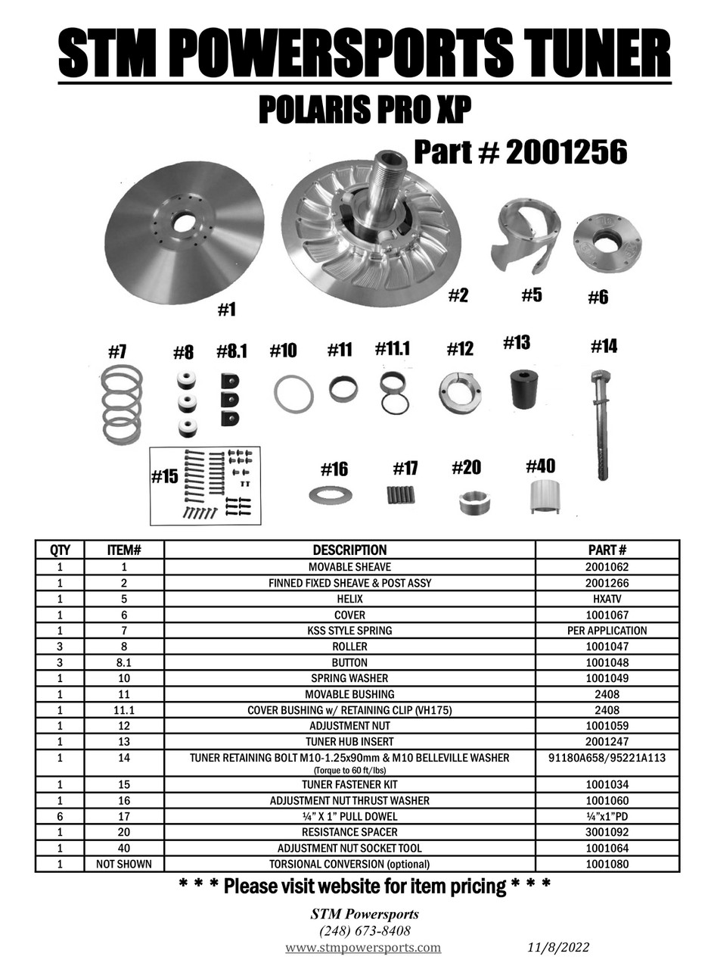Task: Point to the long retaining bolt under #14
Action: pyautogui.click(x=602, y=424)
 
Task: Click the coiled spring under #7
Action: pyautogui.click(x=122, y=403)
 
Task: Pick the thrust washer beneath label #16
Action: pyautogui.click(x=331, y=496)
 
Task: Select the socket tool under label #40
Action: pyautogui.click(x=545, y=497)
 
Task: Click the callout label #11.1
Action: pyautogui.click(x=392, y=349)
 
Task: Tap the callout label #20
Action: pyautogui.click(x=466, y=468)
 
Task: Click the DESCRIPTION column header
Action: pyautogui.click(x=349, y=550)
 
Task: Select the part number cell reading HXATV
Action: pyautogui.click(x=607, y=599)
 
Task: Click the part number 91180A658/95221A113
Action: pyautogui.click(x=607, y=758)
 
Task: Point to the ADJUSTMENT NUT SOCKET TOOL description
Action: pyautogui.click(x=349, y=848)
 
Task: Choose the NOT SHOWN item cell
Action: pyautogui.click(x=123, y=864)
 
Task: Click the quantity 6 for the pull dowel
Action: pyautogui.click(x=59, y=816)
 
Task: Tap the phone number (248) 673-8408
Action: pyautogui.click(x=365, y=930)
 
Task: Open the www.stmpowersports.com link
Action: pyautogui.click(x=363, y=948)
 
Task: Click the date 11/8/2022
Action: pyautogui.click(x=558, y=948)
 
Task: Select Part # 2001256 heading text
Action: pyautogui.click(x=520, y=153)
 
